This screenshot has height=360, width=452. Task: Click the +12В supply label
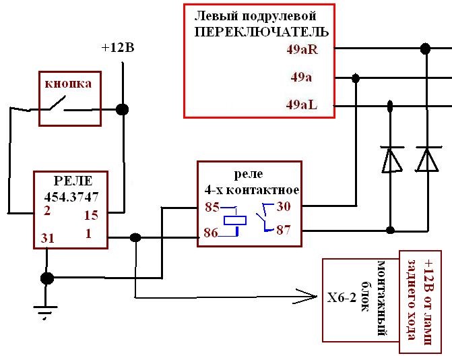tap(118, 48)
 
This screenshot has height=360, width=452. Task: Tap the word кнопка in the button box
tap(68, 84)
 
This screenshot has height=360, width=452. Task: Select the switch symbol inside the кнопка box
tap(58, 104)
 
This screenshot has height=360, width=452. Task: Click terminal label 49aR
tap(302, 50)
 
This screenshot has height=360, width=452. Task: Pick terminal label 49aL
tap(302, 104)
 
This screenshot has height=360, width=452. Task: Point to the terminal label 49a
tap(301, 78)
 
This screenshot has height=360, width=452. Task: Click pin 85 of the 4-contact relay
tap(212, 207)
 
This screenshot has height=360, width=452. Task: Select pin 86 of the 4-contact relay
tap(211, 233)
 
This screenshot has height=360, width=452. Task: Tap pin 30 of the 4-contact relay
tap(284, 206)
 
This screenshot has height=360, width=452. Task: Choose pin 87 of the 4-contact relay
tap(284, 230)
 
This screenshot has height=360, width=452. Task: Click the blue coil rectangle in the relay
tap(235, 220)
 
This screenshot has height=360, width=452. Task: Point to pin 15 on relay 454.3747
tap(91, 215)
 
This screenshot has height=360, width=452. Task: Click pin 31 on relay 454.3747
tap(48, 238)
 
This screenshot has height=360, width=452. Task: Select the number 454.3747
tap(71, 198)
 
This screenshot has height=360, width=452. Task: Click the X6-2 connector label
tap(342, 297)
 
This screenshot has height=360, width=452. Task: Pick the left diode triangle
tap(391, 160)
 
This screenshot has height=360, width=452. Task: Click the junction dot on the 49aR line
tap(426, 49)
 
